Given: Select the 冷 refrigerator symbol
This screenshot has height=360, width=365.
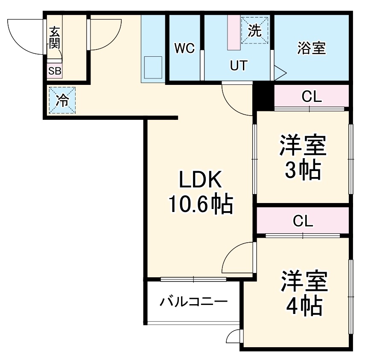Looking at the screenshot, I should [62, 101].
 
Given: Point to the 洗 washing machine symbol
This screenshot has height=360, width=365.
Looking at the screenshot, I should [254, 30].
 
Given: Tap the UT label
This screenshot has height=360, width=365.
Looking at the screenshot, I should [238, 66].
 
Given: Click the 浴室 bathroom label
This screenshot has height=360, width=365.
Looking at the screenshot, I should [312, 48].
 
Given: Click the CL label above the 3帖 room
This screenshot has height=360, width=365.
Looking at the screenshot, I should [311, 97].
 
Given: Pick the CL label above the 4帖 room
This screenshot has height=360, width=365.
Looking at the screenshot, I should [303, 221].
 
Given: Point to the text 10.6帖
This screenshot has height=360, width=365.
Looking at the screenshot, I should [201, 204].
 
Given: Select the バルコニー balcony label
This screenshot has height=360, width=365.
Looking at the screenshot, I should [193, 302].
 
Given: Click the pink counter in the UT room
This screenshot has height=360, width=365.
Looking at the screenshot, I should [234, 32].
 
